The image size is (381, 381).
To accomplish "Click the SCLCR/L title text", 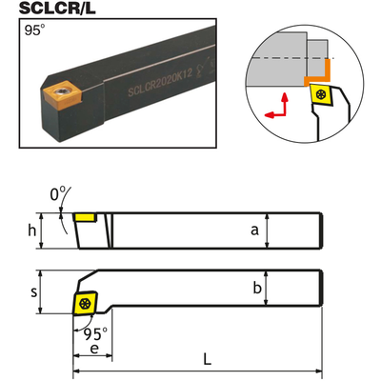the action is click(x=57, y=9).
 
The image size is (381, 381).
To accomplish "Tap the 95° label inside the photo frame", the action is click(x=34, y=30).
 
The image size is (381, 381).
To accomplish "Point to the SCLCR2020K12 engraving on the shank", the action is click(x=160, y=83).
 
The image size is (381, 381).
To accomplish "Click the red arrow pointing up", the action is click(x=285, y=104).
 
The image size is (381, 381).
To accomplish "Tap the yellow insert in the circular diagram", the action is click(x=322, y=94).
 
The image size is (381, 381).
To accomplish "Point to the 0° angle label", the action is click(x=57, y=194).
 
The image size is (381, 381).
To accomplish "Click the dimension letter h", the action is click(x=32, y=231).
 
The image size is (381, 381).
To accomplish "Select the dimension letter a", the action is click(x=254, y=231).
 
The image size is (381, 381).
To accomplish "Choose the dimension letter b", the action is click(x=257, y=288).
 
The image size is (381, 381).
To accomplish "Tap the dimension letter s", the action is click(x=34, y=292).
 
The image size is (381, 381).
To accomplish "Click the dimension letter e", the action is click(x=94, y=349).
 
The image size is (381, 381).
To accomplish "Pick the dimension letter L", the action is click(x=207, y=359).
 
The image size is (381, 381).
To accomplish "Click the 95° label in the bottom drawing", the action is click(x=95, y=333).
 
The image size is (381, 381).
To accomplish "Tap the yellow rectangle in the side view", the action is click(x=85, y=217).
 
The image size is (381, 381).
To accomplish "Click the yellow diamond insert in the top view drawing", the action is click(x=85, y=304).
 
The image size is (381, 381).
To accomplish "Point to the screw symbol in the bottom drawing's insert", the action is click(x=85, y=304).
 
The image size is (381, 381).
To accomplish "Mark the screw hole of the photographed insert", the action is click(x=60, y=91).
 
